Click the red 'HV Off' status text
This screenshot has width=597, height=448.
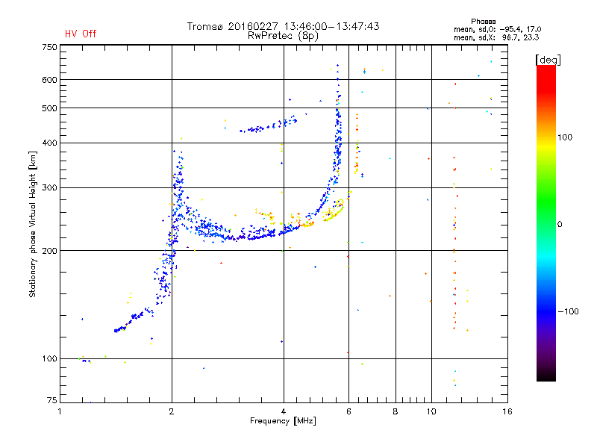click(81, 34)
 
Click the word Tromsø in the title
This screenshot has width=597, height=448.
click(204, 26)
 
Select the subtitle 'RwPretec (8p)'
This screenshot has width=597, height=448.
click(283, 36)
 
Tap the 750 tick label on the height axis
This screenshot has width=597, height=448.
click(50, 47)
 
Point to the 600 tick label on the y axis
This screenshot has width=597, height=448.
click(50, 80)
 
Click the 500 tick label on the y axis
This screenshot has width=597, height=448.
click(50, 108)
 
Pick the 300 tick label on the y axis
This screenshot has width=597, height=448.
click(50, 188)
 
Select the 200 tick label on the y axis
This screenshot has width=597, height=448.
click(50, 251)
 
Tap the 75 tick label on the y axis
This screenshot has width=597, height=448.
click(52, 400)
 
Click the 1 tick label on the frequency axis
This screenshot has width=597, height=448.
click(60, 411)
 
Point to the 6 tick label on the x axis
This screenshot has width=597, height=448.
click(348, 411)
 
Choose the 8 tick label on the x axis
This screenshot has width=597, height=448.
click(396, 411)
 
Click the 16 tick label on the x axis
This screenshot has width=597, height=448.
click(507, 411)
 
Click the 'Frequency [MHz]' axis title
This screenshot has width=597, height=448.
click(283, 421)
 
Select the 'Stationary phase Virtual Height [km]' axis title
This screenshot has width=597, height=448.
click(33, 224)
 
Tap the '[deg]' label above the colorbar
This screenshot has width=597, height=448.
click(548, 60)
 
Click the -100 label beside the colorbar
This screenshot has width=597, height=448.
click(568, 311)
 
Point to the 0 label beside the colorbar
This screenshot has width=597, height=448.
click(560, 225)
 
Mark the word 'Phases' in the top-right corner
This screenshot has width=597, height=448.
click(484, 22)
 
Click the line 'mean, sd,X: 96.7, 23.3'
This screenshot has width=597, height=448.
click(496, 38)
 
